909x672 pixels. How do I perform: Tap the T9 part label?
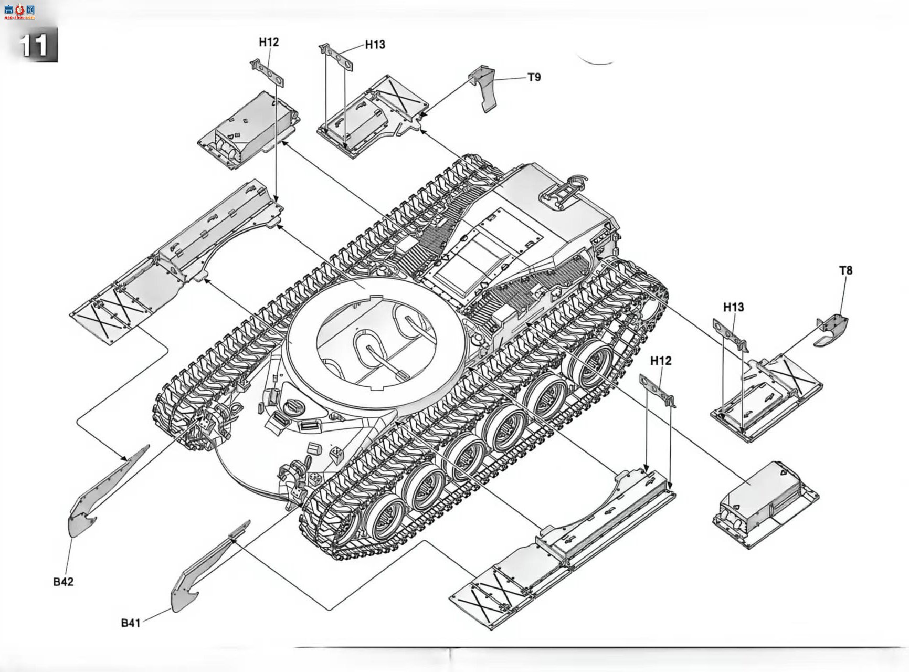pyautogui.click(x=534, y=77)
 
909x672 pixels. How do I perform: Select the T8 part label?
pyautogui.click(x=845, y=270)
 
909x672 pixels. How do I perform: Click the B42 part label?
pyautogui.click(x=63, y=582)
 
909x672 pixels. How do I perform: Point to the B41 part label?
pyautogui.click(x=131, y=623)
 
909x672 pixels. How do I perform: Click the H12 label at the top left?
pyautogui.click(x=269, y=42)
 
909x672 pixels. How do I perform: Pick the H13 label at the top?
pyautogui.click(x=375, y=45)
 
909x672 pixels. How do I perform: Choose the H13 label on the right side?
pyautogui.click(x=733, y=307)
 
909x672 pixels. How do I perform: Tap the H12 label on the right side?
pyautogui.click(x=660, y=361)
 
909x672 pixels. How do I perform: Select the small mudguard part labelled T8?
pyautogui.click(x=832, y=330)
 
